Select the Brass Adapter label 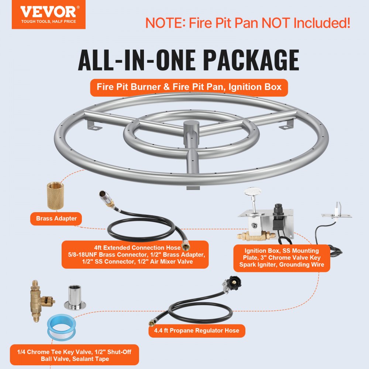pyautogui.click(x=56, y=218)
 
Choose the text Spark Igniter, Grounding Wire pyautogui.click(x=282, y=265)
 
